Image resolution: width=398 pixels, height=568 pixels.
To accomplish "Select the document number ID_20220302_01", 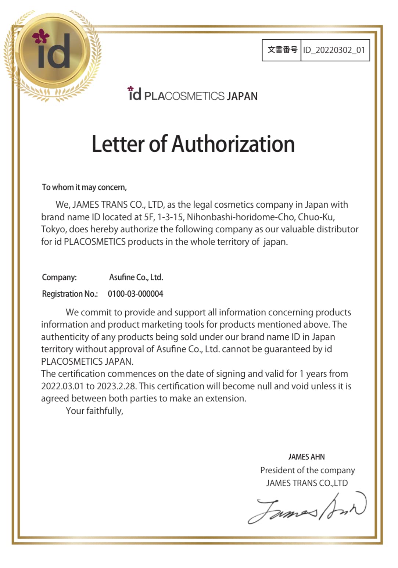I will click(x=334, y=50).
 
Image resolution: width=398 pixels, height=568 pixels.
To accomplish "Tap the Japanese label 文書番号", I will click(x=282, y=50).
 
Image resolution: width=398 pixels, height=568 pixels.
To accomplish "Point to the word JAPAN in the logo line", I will click(x=242, y=96).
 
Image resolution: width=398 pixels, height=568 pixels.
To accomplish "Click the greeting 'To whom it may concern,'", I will click(x=84, y=187).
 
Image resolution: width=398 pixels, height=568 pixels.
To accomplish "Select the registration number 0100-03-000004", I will click(x=135, y=294).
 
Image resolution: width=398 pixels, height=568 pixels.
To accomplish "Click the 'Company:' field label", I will click(x=59, y=277).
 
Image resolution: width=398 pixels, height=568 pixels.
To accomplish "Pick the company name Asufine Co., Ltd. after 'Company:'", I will click(x=136, y=277).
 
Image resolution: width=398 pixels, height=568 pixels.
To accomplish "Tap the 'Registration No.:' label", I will click(x=70, y=294).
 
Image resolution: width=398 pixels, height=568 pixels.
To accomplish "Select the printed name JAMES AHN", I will click(x=306, y=457).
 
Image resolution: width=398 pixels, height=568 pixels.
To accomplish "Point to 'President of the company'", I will click(x=308, y=470).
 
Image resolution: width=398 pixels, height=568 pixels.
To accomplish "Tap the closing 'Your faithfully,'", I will click(x=94, y=411).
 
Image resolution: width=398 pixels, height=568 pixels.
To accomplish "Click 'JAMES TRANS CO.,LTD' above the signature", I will click(x=307, y=483).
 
